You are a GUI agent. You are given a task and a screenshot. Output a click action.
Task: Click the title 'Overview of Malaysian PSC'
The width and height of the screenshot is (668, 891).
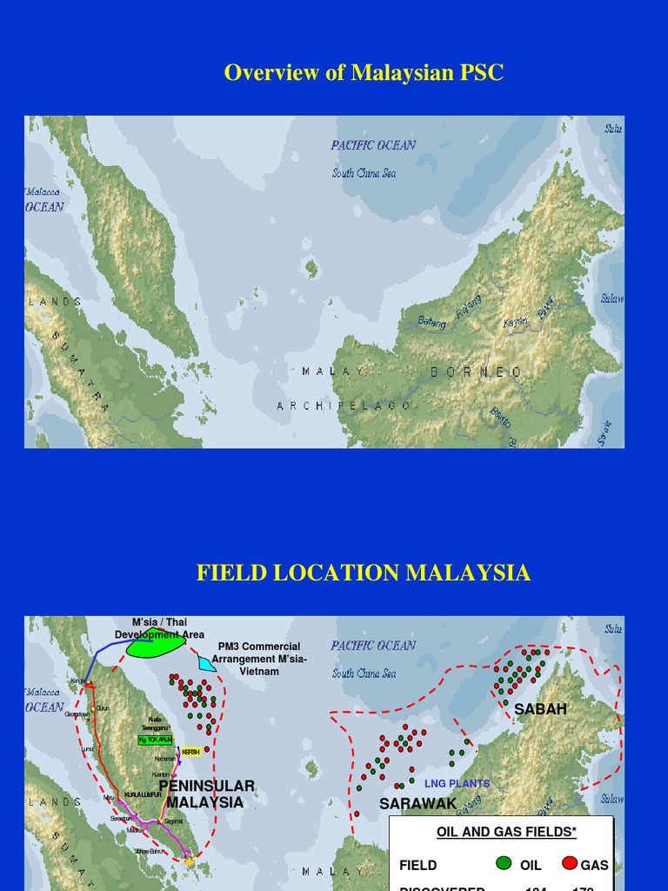coord(364,72)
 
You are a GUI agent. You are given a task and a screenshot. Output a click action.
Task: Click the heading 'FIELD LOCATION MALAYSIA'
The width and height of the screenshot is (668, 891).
coord(363,573)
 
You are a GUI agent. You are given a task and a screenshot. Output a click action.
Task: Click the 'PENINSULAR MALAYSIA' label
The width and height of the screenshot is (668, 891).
coord(206,794)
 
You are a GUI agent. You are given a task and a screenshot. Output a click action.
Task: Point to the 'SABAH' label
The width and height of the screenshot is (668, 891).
coord(540,709)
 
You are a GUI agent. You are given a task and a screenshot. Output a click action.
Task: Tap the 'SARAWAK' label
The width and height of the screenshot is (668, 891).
coord(417,803)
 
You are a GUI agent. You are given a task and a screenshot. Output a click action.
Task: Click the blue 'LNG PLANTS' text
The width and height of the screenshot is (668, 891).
coord(457,783)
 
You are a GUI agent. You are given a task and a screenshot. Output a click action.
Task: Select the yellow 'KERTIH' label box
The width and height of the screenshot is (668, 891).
coord(191,752)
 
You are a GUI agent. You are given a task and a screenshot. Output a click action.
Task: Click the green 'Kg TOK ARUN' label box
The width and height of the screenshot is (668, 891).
coord(156,740)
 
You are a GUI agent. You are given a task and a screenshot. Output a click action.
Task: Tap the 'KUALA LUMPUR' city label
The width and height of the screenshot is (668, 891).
coord(143,794)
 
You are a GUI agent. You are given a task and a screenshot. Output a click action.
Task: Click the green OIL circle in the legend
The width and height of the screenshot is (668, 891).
coord(503,864)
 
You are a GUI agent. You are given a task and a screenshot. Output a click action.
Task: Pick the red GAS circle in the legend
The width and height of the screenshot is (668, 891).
coord(570,864)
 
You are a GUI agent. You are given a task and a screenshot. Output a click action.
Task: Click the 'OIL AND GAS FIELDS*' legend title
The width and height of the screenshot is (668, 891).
coord(506,833)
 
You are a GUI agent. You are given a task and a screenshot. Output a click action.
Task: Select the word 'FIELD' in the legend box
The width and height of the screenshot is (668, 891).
coord(417,866)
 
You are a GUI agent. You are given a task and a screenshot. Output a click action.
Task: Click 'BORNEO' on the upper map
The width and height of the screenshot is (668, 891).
coord(477,372)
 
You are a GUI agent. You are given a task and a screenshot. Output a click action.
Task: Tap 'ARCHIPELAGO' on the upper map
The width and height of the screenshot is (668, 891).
coord(344,405)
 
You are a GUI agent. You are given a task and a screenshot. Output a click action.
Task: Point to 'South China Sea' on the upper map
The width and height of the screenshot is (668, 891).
coord(364,173)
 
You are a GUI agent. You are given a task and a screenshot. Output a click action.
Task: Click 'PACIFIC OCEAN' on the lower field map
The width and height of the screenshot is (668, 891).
coord(373,646)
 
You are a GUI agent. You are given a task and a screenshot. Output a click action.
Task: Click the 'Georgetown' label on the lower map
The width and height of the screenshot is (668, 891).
coord(77,713)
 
